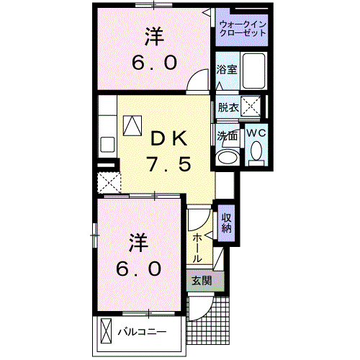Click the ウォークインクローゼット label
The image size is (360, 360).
(x=242, y=30)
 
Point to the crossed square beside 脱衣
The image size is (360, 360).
(x=253, y=107)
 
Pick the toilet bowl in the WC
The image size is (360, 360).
(x=256, y=152)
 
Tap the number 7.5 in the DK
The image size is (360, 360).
(x=170, y=165)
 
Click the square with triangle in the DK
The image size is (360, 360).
(x=133, y=125)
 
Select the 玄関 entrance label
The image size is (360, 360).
(x=201, y=282)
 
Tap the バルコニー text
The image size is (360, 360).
(x=142, y=332)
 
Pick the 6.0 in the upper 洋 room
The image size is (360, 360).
(x=153, y=62)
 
